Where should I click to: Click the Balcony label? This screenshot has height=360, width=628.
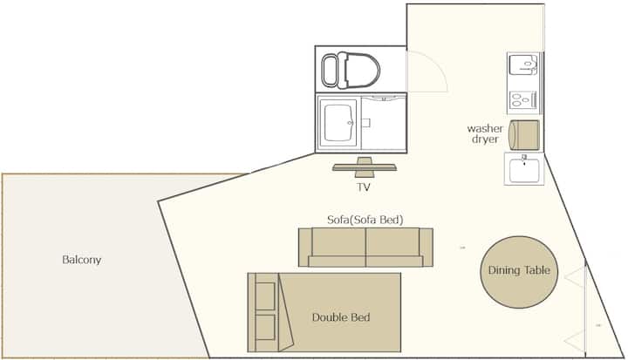coord(81,260)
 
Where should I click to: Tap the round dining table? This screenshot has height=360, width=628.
coord(519,272)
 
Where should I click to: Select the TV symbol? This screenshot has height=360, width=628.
coord(364,167)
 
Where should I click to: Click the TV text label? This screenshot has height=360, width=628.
coord(363,187)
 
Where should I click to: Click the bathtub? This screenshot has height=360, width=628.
coord(338,123)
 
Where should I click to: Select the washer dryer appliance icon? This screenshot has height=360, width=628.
coord(524,135)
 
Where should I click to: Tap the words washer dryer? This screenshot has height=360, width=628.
coord(485,133)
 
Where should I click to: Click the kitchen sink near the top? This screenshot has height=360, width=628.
coord(523,65)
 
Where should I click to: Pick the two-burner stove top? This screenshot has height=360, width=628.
coord(523,99)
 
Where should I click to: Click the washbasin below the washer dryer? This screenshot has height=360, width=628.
coord(524,169)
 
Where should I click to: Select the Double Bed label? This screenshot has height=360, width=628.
coord(341,317)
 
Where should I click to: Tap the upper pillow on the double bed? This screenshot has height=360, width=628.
coord(265,295)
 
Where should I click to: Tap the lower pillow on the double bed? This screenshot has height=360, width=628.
coord(265,327)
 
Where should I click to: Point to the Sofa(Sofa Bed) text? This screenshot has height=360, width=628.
coord(365,220)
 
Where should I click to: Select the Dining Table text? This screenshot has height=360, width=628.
coord(519,270)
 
